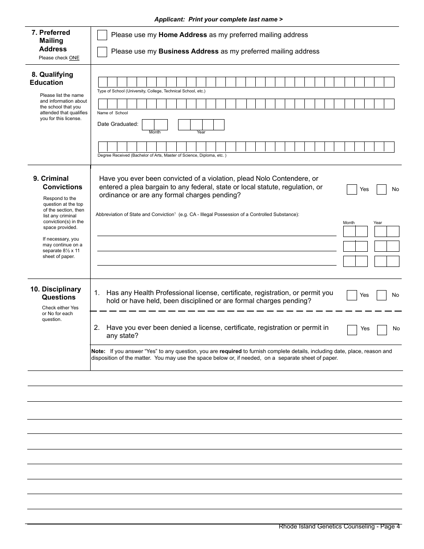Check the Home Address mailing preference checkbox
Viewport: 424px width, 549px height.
(x=102, y=35)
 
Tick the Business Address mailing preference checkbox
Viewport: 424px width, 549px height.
(x=102, y=52)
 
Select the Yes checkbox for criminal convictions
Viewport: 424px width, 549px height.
(x=352, y=189)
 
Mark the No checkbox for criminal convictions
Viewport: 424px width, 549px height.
(x=382, y=189)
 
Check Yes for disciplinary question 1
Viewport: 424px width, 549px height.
(x=352, y=295)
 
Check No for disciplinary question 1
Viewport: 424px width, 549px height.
(x=382, y=295)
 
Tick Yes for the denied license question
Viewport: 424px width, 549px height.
(x=352, y=330)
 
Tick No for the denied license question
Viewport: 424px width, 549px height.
(x=382, y=330)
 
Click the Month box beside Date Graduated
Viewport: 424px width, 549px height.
(x=154, y=125)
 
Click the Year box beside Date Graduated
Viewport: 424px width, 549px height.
(x=201, y=125)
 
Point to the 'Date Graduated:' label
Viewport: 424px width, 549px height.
(x=118, y=124)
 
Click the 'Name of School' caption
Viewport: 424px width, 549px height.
(x=112, y=113)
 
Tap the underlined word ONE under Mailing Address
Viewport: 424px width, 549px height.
(x=74, y=58)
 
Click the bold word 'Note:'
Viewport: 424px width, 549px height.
(x=98, y=351)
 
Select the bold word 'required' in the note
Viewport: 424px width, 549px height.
(x=230, y=351)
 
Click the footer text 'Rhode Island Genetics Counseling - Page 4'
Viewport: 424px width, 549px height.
(x=339, y=527)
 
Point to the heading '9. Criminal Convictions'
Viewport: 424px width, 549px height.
(x=58, y=183)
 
